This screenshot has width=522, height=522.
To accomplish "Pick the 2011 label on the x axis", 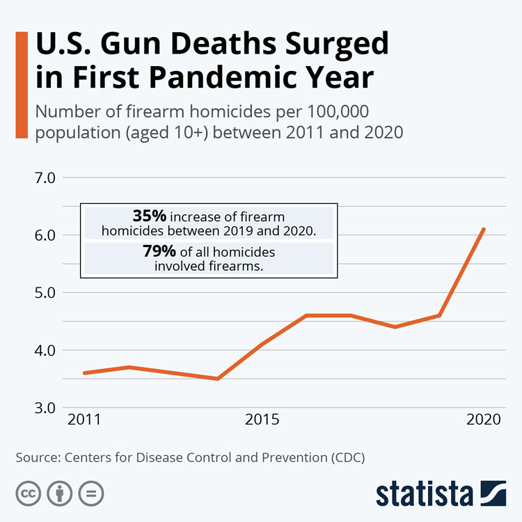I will pos(84,420).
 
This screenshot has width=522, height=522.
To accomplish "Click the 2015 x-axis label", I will pos(262,420).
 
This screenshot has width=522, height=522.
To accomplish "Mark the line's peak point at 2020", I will pos(484,229).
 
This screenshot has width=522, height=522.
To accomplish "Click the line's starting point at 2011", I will pos(84,373).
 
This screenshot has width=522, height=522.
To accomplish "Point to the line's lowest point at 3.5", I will pos(218,379).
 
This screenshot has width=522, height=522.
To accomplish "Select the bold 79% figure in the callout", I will pos(159,251).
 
